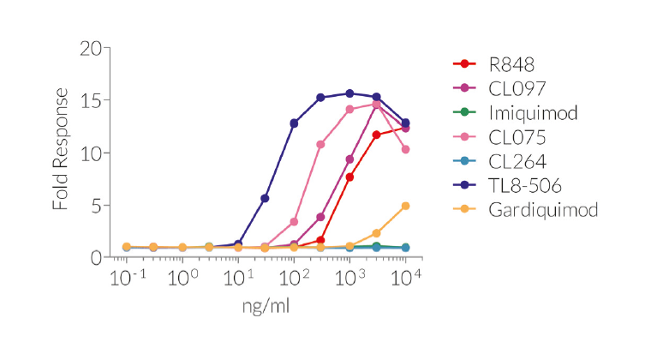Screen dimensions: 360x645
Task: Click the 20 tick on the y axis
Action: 90,48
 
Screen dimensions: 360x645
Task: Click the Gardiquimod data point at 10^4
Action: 405,206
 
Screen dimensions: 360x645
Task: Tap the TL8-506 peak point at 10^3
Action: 349,93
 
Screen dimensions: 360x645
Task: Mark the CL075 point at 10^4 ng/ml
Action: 405,149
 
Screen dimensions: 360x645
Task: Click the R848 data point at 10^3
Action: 349,177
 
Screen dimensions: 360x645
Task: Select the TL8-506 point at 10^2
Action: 294,123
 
